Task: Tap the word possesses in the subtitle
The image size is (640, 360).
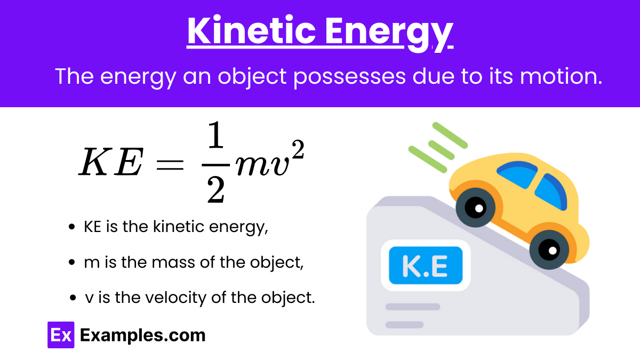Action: pos(350,77)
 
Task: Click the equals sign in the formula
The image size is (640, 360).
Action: pos(170,165)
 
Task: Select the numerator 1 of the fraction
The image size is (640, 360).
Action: pos(215,134)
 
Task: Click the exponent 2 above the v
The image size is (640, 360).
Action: pos(298,149)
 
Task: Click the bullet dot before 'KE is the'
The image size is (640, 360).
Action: pos(71,227)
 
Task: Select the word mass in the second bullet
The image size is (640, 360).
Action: pos(174,262)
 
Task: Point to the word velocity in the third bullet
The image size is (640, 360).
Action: pos(175,298)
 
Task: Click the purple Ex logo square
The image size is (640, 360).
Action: pos(61,335)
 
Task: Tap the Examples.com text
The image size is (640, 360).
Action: pos(142,335)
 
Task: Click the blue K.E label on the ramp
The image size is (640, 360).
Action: pos(426,266)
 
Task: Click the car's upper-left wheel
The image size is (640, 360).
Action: pos(475,207)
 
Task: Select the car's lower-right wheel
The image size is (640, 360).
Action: pos(549,250)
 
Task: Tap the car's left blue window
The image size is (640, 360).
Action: pos(517,174)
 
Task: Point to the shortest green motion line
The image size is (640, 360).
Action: pos(441,150)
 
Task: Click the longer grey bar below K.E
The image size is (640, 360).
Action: pos(413,307)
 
